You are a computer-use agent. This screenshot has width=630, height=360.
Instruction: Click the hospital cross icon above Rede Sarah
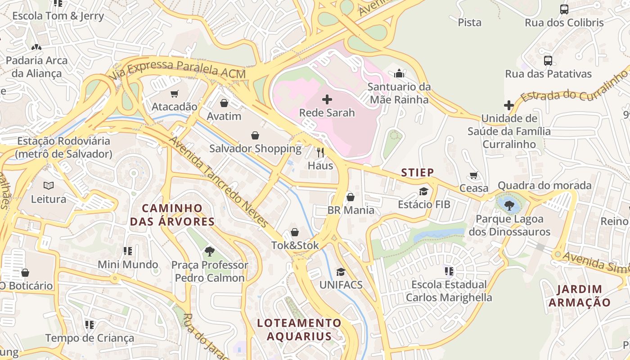[x=327, y=99]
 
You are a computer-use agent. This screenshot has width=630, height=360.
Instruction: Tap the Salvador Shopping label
[x=255, y=148]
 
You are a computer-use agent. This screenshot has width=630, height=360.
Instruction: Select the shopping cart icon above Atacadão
[x=175, y=94]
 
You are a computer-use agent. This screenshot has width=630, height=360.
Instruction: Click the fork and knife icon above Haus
[x=320, y=152]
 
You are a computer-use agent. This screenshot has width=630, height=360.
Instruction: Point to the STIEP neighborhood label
[x=418, y=172]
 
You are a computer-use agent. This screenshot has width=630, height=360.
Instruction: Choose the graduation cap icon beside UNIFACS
[x=341, y=272]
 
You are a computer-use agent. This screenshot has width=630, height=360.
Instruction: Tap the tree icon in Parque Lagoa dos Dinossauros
[x=509, y=206]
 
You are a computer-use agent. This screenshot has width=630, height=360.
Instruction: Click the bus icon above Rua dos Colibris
[x=564, y=9]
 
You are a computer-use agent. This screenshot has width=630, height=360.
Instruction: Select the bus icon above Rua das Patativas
[x=548, y=60]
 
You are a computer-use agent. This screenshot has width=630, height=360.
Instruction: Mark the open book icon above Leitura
[x=49, y=185]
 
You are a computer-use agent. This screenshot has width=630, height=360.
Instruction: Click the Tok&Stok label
[x=295, y=245]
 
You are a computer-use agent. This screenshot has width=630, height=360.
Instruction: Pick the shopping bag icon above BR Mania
[x=351, y=197]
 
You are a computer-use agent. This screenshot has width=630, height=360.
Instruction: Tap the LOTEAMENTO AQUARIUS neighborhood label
[x=299, y=329]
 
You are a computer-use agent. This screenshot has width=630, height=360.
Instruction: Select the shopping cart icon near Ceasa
[x=473, y=175]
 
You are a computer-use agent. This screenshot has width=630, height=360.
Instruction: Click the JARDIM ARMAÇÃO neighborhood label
[x=579, y=296]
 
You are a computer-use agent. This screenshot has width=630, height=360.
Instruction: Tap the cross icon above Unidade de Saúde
[x=509, y=105]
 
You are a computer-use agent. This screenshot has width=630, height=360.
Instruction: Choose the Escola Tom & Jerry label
[x=58, y=16]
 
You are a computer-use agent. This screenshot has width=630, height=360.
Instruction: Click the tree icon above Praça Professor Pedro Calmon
[x=209, y=251]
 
